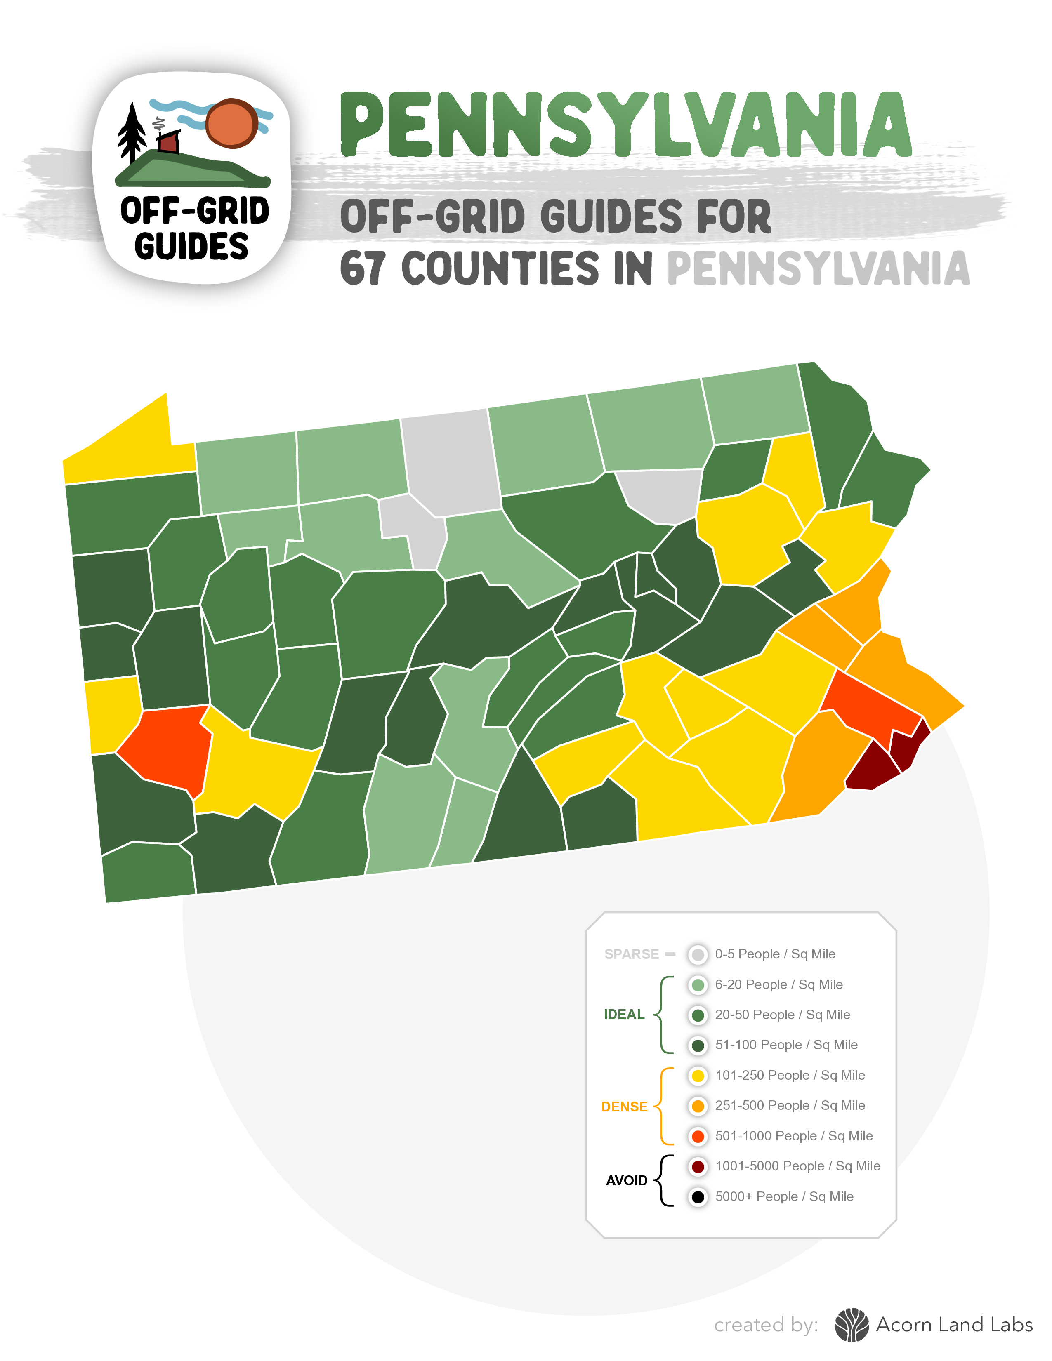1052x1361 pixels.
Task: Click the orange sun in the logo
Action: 232,123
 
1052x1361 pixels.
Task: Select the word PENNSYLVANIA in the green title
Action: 625,125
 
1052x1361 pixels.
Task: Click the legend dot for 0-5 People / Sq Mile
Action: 698,954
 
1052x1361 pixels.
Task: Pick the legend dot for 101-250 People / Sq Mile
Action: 698,1075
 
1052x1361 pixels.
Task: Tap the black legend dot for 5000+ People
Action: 698,1196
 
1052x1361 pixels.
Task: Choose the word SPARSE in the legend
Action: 631,954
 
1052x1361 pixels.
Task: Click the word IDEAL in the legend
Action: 624,1015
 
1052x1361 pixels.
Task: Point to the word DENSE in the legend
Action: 624,1107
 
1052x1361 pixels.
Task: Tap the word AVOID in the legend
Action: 626,1180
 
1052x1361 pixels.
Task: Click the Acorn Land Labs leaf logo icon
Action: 852,1325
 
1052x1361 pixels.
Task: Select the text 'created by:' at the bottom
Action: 766,1325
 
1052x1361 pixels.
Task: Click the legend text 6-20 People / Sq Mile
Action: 778,984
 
